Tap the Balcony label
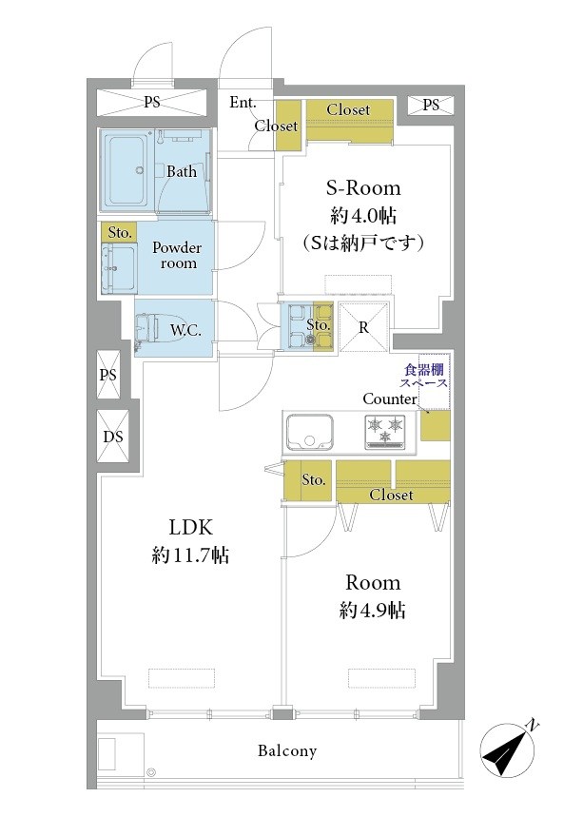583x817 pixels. pos(287,751)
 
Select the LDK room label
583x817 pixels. pos(190,527)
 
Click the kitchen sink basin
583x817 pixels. pos(309,432)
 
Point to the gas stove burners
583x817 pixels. pos(386,431)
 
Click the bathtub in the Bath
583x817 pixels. pos(128,170)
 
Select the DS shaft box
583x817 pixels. pos(113,437)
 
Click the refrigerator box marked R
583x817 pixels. pos(363,327)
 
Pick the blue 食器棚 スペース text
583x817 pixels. pos(423,377)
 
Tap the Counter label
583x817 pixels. pos(390,399)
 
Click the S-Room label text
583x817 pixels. pos(363,188)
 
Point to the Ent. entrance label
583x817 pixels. pos(243,103)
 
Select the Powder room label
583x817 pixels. pos(177,255)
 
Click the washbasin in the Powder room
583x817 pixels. pos(119,268)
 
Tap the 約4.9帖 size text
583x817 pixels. pos(373,611)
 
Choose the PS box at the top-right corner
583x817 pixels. pos(431,106)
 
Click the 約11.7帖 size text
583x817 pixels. pos(190,555)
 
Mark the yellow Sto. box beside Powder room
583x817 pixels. pos(119,232)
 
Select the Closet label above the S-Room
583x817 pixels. pos(348,109)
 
